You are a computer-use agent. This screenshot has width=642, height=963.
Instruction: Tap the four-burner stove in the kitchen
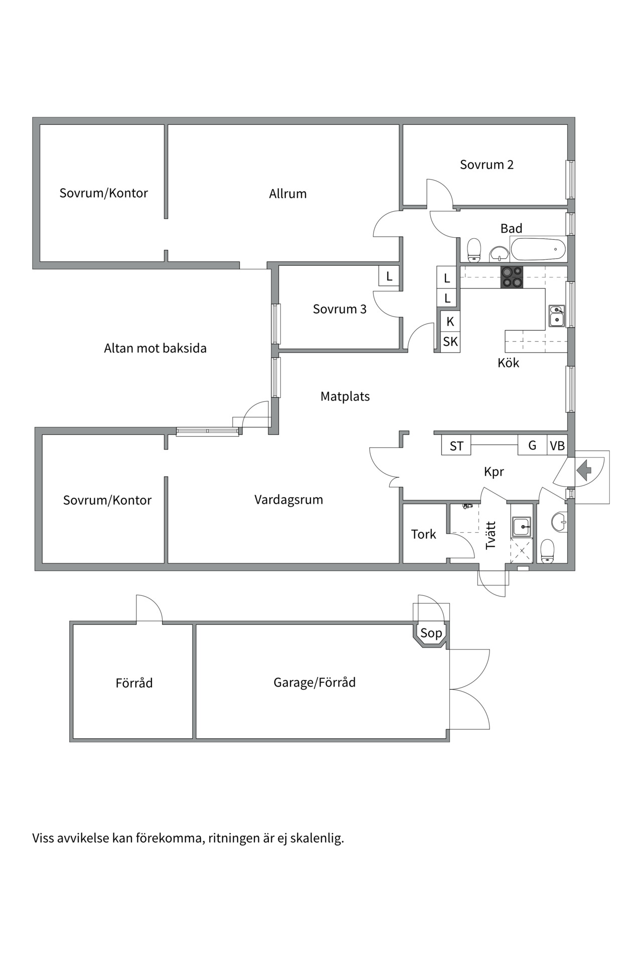point(512,277)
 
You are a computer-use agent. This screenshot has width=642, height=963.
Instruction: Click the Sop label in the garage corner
point(431,633)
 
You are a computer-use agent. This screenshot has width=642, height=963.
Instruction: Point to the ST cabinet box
point(456,446)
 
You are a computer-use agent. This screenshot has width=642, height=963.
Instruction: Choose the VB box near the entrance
point(557,445)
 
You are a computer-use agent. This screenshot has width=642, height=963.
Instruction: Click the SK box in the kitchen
point(450,342)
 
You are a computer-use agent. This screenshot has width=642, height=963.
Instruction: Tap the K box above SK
point(450,322)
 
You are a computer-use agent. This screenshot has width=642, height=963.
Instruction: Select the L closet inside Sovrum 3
point(389,276)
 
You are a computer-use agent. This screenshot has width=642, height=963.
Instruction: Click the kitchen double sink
point(556,316)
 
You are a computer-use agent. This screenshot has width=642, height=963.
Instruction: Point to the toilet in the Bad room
point(474,250)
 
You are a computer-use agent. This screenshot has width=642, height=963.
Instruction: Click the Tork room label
point(423,535)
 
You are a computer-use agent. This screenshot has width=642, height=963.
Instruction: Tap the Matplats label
point(345,397)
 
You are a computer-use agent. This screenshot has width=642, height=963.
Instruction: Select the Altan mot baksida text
point(155,349)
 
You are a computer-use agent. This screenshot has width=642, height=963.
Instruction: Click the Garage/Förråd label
point(314,683)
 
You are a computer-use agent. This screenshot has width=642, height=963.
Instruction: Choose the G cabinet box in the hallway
point(532,445)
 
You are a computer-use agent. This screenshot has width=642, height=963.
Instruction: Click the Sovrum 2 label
point(487,165)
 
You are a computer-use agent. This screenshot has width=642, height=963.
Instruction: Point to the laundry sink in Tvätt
point(522,527)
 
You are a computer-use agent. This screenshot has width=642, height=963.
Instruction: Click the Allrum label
point(287,194)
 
